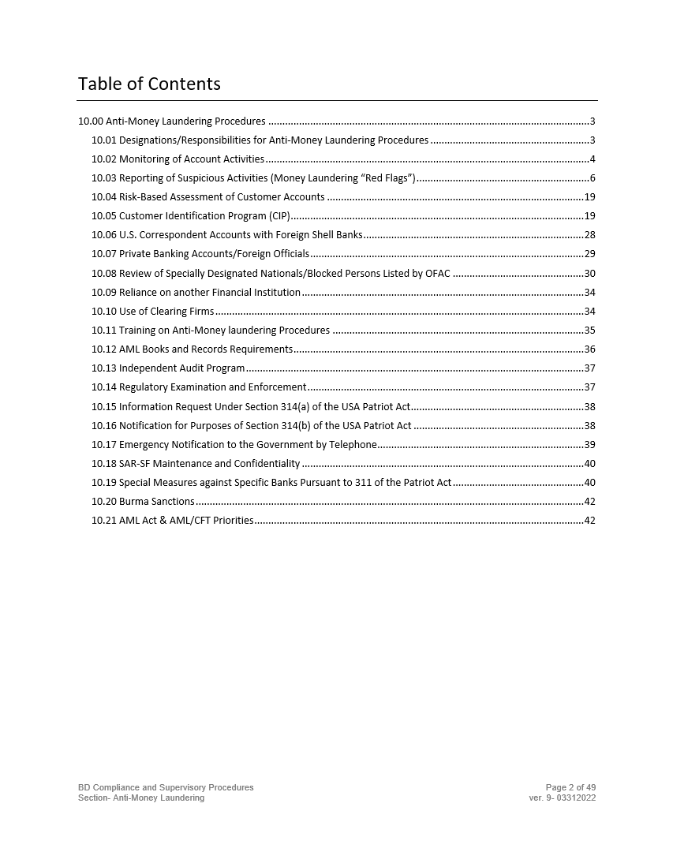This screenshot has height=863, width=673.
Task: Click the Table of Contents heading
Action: pos(149,84)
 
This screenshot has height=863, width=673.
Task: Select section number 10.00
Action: pos(91,121)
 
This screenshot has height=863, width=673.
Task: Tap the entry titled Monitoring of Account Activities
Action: pos(191,159)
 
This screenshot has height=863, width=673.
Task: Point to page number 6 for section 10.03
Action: pos(592,178)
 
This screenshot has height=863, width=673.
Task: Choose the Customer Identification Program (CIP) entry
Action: pos(204,216)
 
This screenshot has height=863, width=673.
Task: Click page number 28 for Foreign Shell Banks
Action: pos(589,235)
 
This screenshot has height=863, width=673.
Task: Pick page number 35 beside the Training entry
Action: pos(589,331)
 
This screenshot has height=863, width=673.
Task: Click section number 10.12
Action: pos(104,349)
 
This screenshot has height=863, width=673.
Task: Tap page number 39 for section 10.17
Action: pos(589,445)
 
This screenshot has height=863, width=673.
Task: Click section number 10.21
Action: pos(104,521)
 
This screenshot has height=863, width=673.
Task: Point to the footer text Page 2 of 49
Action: pos(570,787)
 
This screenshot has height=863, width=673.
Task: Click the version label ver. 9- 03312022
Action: pos(563,798)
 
